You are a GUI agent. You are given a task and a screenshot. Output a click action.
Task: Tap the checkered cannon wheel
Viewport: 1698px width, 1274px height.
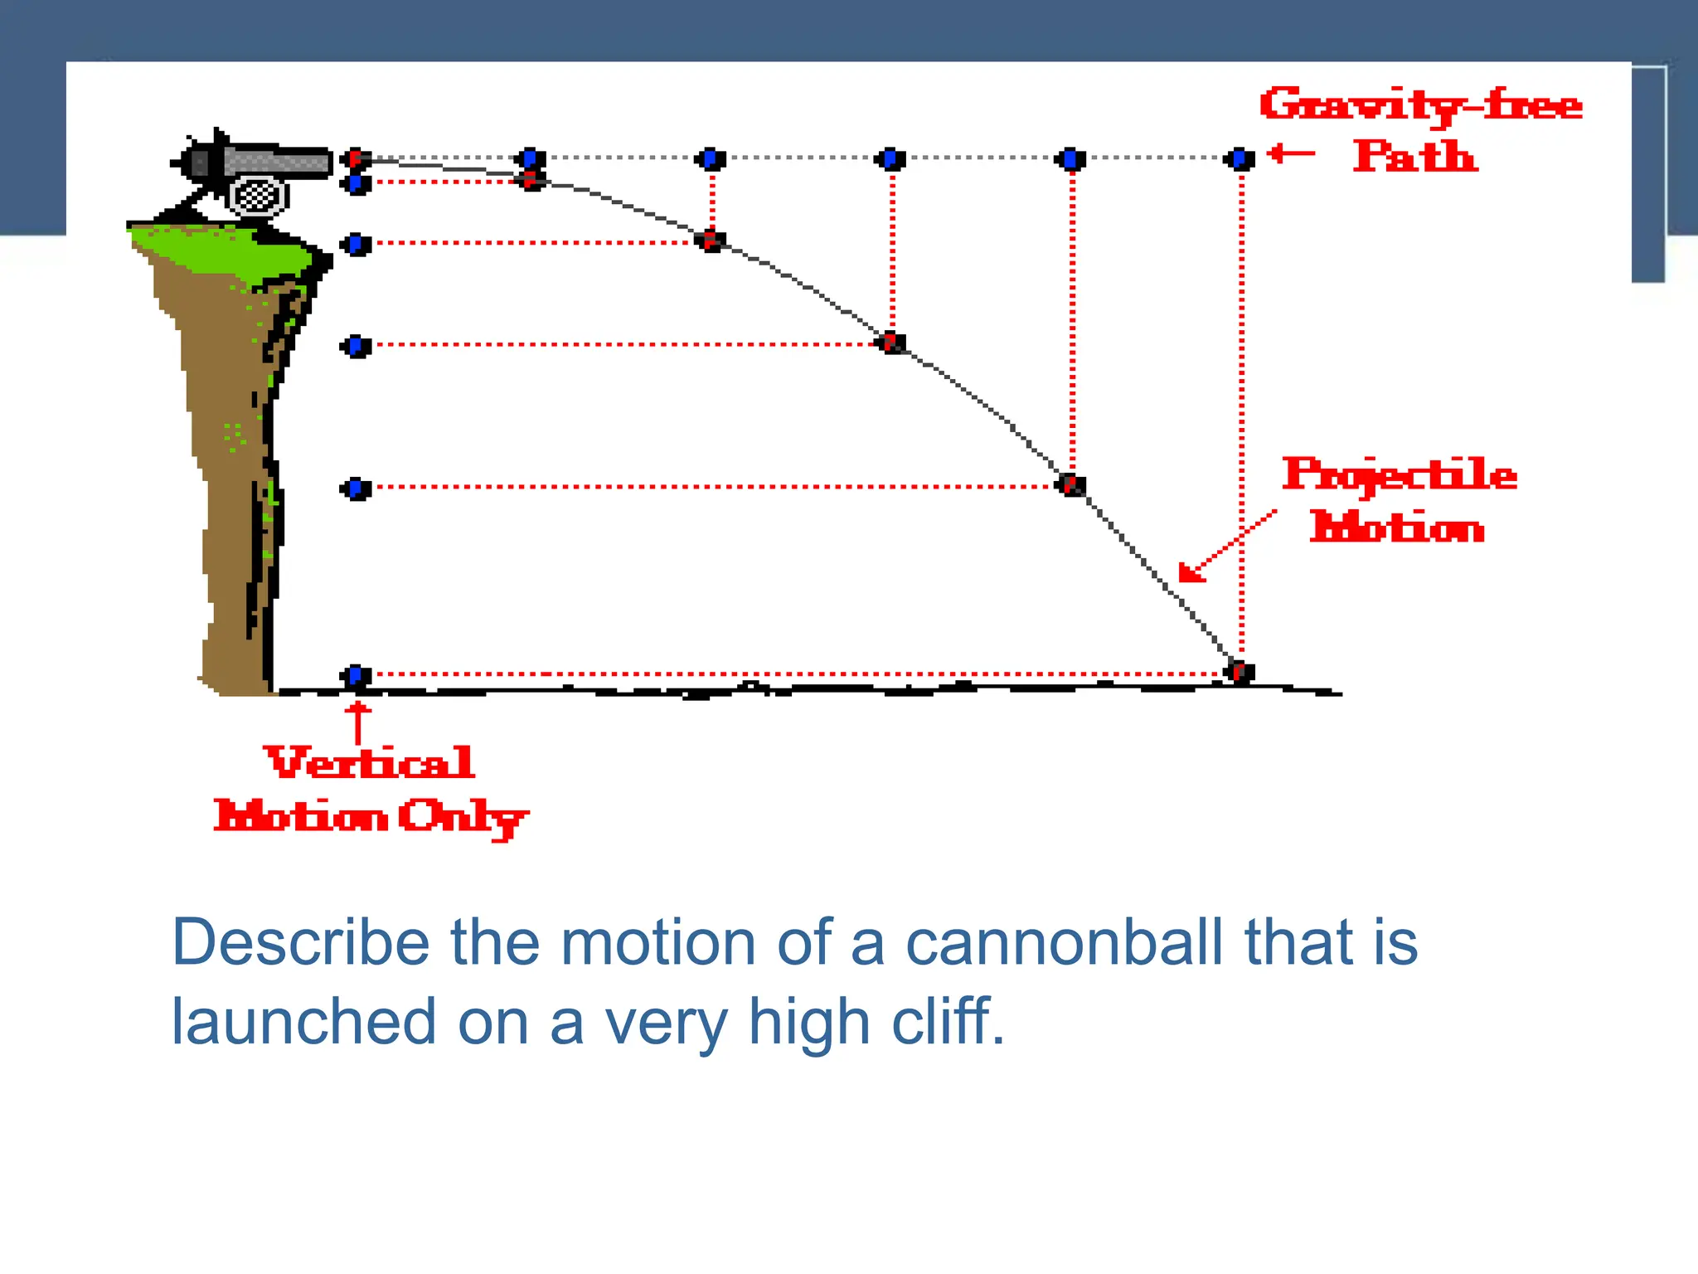(258, 197)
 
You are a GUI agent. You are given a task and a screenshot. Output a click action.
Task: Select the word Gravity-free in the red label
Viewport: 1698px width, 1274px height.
(1420, 105)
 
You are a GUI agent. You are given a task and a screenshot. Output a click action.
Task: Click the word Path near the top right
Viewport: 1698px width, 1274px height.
(1414, 157)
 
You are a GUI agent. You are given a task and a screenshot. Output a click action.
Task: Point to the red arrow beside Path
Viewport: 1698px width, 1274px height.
(1292, 153)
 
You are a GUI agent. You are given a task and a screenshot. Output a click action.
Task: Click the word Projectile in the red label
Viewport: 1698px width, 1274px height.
(1400, 476)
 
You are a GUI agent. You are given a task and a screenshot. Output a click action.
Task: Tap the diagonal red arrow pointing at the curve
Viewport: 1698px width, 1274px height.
(1225, 546)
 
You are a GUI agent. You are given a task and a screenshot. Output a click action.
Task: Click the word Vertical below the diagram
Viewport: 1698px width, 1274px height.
(370, 763)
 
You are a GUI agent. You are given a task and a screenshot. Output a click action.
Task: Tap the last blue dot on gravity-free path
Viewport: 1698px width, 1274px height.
(1240, 158)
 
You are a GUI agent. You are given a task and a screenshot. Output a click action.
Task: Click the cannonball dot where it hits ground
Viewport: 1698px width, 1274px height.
(1240, 671)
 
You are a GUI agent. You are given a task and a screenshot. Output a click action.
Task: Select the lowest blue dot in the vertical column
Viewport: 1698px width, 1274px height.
(356, 676)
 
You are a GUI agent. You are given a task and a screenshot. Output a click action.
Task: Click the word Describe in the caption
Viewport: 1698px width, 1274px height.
(301, 942)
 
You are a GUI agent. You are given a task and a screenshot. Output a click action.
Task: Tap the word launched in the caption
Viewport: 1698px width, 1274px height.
(303, 1022)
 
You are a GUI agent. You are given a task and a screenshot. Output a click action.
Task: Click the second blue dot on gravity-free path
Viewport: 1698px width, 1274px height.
(531, 158)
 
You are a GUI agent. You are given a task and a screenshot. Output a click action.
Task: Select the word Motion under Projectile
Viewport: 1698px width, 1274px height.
(1397, 528)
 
